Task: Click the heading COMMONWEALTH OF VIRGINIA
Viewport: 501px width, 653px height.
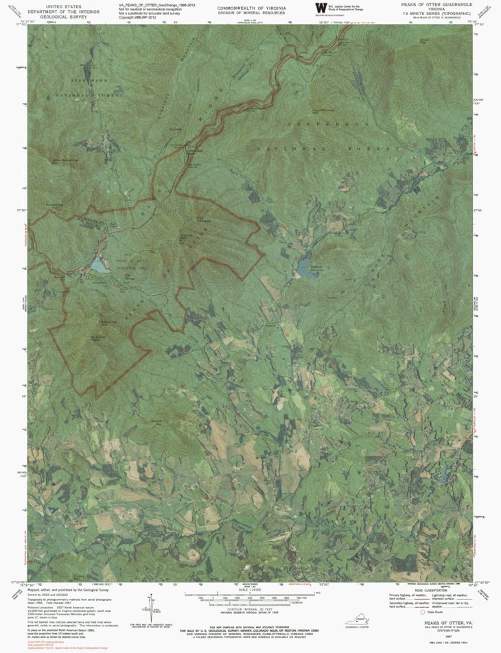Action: pyautogui.click(x=251, y=6)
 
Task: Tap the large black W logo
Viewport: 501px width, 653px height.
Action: pyautogui.click(x=321, y=8)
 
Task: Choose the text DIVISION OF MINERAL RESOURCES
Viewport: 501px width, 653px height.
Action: pyautogui.click(x=251, y=12)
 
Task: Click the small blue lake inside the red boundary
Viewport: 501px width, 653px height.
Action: pyautogui.click(x=100, y=266)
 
